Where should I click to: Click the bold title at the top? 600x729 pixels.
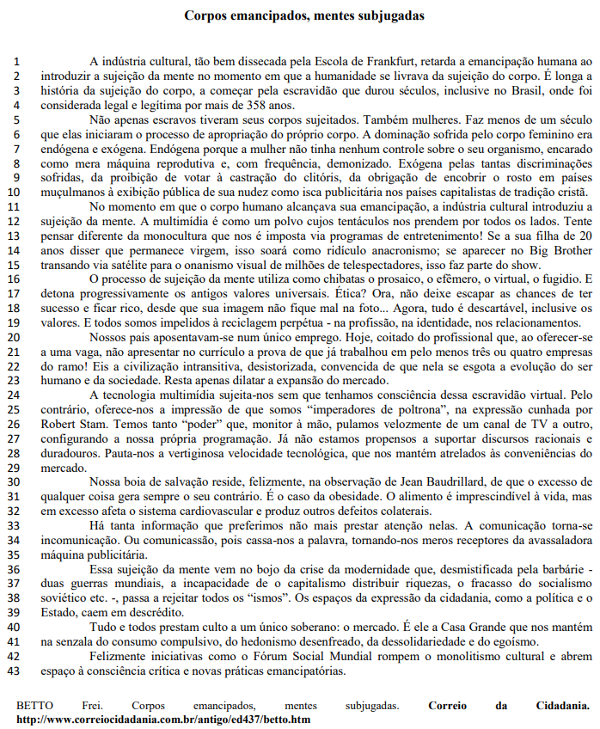(303, 15)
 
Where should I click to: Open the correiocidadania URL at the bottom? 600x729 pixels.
(163, 719)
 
